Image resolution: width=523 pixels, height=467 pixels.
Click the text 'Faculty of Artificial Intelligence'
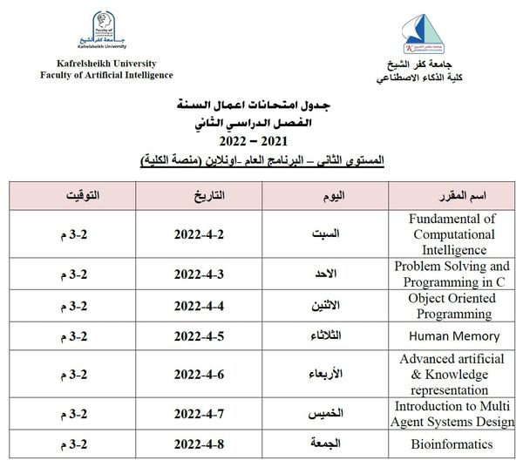click(94, 75)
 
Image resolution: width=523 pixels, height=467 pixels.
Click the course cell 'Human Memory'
click(454, 335)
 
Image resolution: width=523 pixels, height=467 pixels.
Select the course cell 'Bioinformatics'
click(454, 444)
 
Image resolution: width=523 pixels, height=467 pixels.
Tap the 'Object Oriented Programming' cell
click(454, 306)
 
